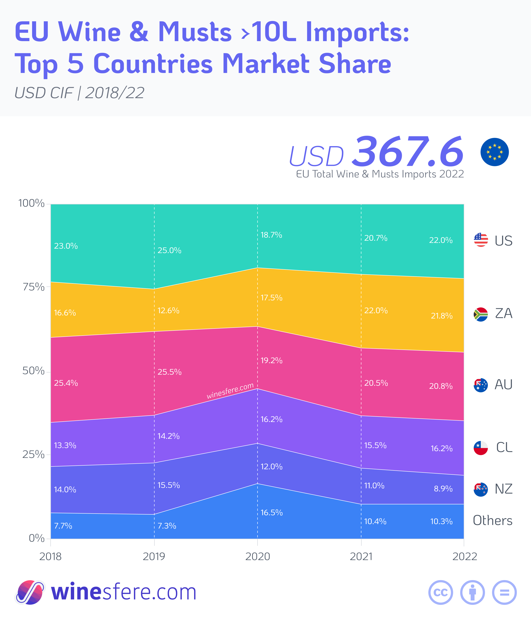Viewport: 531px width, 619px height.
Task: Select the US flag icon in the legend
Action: coord(481,240)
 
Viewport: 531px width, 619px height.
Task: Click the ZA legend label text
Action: coord(504,313)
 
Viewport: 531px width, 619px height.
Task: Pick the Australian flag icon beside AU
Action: coord(481,385)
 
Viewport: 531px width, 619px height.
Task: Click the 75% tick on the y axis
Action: coord(33,287)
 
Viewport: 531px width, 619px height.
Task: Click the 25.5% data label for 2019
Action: coord(169,372)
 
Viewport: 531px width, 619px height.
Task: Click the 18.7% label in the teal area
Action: coord(271,235)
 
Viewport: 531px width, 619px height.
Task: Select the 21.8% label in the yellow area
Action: coord(441,316)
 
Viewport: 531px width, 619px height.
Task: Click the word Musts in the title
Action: coord(195,32)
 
